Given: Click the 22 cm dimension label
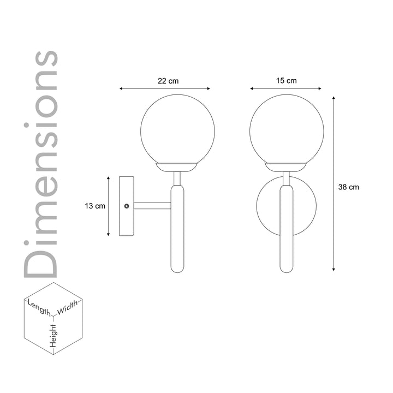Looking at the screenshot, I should pos(168,81).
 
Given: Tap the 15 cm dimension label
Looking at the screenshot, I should pos(287,81).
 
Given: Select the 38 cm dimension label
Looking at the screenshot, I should pos(349,187).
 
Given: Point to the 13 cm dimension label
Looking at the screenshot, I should pos(95,206).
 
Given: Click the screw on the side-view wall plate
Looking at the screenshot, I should pos(127,206).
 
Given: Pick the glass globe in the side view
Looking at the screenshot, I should pos(177,131).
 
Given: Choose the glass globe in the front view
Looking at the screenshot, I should pos(287,131).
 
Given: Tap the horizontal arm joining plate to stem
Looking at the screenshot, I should pos(153,206).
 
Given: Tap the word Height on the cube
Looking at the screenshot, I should pos(53,334).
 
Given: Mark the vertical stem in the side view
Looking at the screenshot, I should pos(177,229).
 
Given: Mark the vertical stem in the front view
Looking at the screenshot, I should pos(287,229).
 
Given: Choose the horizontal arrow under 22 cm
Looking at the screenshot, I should pos(165,88).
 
